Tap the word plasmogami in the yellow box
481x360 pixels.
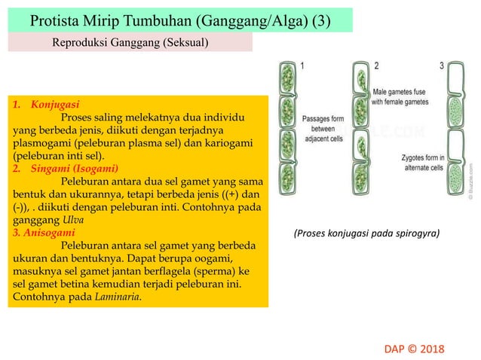point(42,143)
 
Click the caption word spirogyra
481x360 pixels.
point(412,233)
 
